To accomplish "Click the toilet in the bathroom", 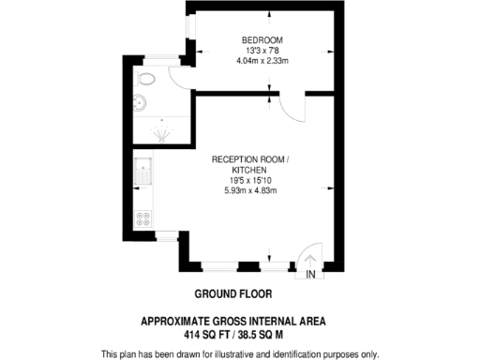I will (148, 79).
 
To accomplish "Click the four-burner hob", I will (145, 219).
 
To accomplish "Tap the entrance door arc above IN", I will (308, 257).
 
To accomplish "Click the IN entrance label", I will (310, 275).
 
